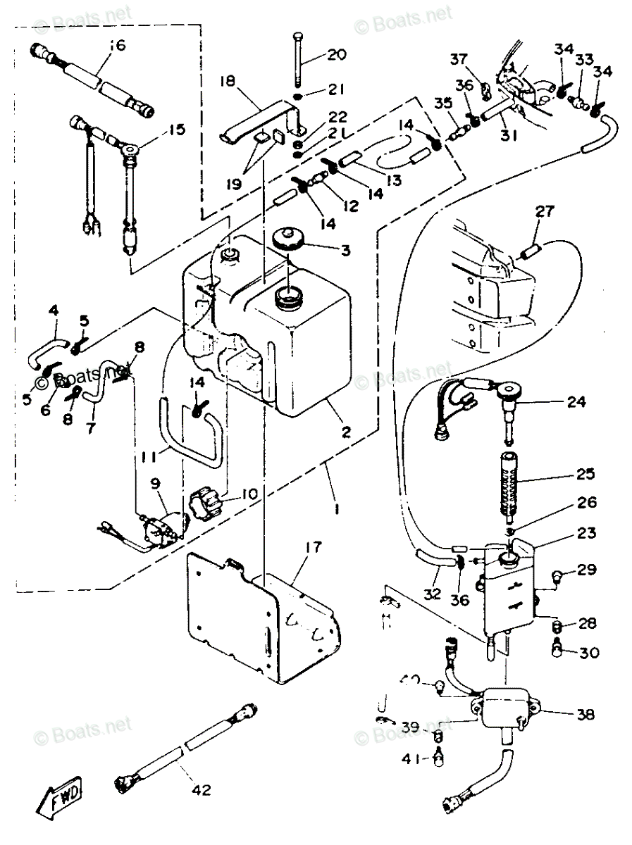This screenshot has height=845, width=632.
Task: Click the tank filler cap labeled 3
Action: [287, 239]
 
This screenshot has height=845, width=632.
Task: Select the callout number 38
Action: [585, 715]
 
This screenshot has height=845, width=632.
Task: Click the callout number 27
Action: [545, 210]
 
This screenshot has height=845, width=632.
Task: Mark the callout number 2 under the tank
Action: [346, 432]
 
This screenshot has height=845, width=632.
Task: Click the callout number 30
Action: [589, 653]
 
